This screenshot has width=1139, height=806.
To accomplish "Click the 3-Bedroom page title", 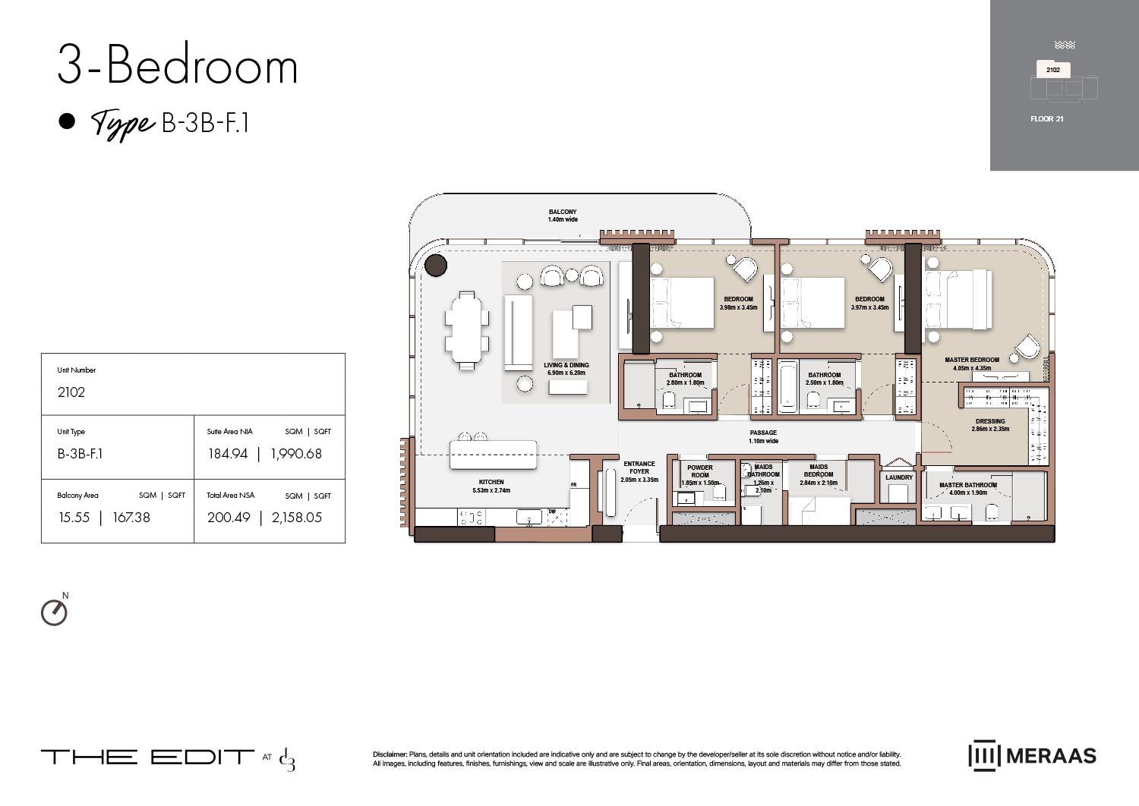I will [x=178, y=66].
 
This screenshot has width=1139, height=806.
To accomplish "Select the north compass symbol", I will [x=54, y=612].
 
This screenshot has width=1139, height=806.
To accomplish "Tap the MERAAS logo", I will [x=1032, y=755].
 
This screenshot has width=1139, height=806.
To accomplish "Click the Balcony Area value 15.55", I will [x=74, y=518].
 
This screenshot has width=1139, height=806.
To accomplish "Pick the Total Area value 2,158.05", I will [x=297, y=518].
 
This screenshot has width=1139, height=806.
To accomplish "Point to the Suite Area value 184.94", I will [x=228, y=454].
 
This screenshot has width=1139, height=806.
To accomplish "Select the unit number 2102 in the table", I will [x=71, y=392].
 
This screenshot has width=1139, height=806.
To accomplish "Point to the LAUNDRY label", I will [x=899, y=477].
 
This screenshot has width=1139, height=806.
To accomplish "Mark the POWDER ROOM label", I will [x=700, y=471].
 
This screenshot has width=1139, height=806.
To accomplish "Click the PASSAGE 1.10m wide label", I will [x=763, y=436].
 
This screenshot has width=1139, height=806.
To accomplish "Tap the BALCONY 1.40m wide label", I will [x=563, y=216].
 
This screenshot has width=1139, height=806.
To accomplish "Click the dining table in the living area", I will [x=467, y=331].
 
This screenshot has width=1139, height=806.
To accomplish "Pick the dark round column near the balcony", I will [x=436, y=266].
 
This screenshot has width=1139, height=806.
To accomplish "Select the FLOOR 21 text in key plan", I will [x=1046, y=119].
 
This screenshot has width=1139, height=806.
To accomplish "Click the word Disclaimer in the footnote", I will [x=390, y=754].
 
